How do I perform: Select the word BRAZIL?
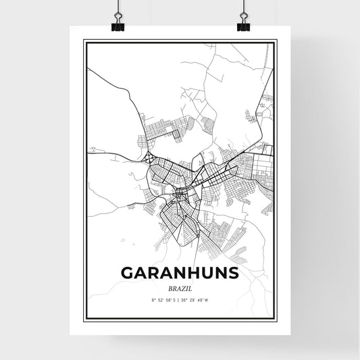pos(180,287)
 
